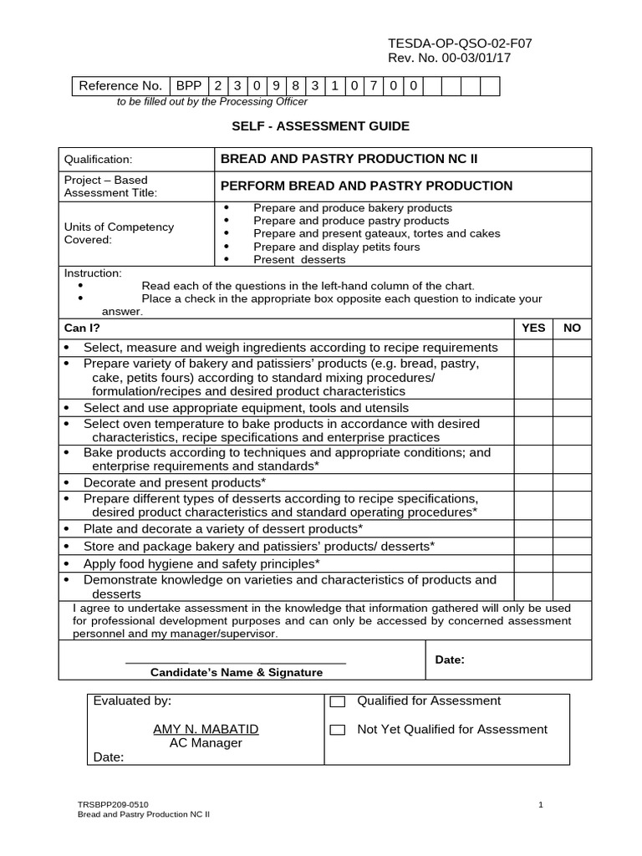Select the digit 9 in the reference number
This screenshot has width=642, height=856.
coord(277,86)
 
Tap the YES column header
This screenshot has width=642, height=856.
coord(532,329)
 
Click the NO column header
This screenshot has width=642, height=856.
coord(572,329)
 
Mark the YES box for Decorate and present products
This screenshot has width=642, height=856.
coord(532,483)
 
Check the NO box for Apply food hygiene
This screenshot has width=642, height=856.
coord(572,563)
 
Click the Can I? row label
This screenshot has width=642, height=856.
coord(82,329)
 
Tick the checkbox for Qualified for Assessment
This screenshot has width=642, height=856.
coord(338,702)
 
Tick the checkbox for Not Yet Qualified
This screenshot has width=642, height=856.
coord(338,730)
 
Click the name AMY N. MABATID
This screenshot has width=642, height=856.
coord(206,729)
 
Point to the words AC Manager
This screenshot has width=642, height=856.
coord(206,743)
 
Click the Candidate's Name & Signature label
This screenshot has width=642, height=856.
coord(236,672)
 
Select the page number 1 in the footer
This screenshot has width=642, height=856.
coord(541,804)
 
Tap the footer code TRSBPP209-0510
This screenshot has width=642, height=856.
coord(114,804)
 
